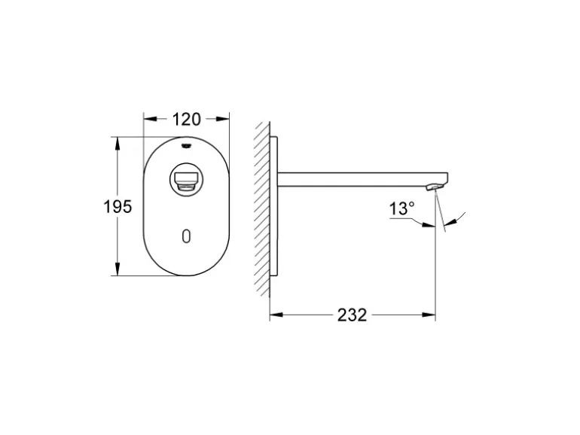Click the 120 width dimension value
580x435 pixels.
pyautogui.click(x=187, y=119)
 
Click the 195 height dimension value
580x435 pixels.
pyautogui.click(x=118, y=207)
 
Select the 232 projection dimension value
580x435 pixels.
pyautogui.click(x=353, y=315)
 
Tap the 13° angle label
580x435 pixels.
pyautogui.click(x=401, y=208)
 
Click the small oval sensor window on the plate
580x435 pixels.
pyautogui.click(x=187, y=236)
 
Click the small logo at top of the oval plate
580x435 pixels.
pyautogui.click(x=187, y=145)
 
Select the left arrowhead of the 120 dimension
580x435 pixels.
pyautogui.click(x=149, y=119)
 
